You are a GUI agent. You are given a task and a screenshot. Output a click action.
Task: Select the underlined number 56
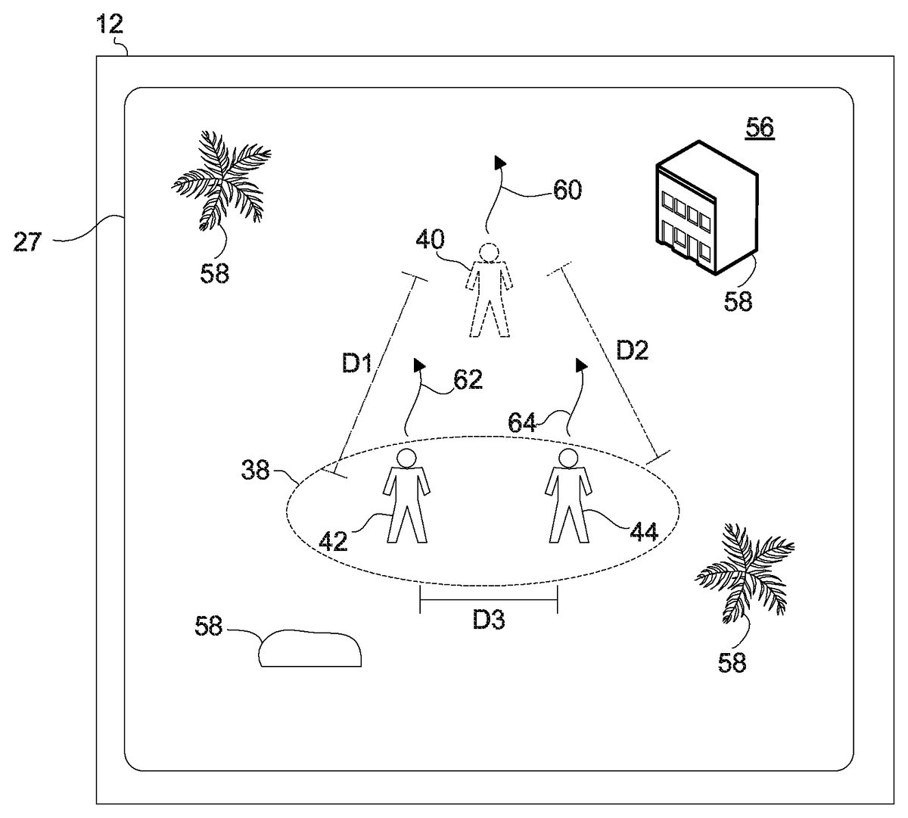760,128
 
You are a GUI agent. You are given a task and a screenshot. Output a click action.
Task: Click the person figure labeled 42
407,496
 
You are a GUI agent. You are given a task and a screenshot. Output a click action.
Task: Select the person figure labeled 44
567,496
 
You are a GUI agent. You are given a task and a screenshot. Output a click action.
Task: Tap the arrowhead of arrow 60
499,161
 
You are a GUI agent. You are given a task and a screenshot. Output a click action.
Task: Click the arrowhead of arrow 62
418,365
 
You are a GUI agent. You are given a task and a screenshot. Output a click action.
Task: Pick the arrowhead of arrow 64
581,366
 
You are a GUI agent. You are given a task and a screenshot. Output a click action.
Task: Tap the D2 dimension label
633,350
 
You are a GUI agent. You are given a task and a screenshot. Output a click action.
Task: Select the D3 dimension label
489,620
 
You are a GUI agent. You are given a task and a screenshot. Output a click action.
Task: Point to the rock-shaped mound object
309,648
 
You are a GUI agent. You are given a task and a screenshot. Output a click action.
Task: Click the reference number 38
256,471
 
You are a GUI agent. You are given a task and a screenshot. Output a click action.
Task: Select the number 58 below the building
739,301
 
